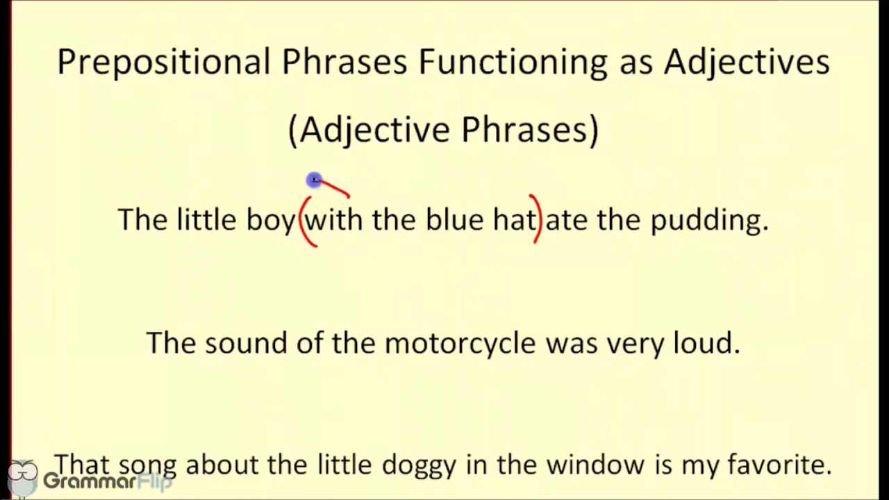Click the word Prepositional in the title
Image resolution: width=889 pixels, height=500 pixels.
click(163, 62)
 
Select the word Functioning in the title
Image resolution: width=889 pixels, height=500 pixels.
click(513, 62)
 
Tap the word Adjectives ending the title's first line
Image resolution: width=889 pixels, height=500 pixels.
click(747, 62)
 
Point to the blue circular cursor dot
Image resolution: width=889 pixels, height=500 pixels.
click(314, 181)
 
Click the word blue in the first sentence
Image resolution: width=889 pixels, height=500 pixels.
click(454, 219)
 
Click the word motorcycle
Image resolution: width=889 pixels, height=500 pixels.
click(460, 344)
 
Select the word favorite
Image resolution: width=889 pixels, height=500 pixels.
click(779, 465)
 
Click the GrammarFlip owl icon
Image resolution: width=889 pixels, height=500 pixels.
click(22, 478)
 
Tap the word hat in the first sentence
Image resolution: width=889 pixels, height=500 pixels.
click(514, 219)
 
